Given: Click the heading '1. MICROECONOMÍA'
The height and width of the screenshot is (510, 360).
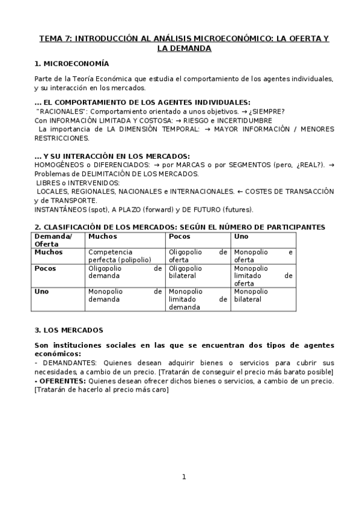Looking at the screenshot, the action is point(72,63).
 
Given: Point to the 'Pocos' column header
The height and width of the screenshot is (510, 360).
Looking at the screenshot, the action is point(180,236).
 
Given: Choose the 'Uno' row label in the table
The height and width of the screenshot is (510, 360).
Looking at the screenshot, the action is point(41,291).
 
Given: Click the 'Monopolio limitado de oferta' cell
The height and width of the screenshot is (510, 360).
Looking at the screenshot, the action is point(263,275).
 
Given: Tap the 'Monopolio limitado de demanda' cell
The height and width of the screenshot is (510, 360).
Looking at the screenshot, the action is point(198,299).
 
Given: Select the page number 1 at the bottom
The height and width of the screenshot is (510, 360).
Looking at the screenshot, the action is point(184,477).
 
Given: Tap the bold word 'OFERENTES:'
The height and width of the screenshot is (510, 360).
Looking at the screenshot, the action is point(63,381).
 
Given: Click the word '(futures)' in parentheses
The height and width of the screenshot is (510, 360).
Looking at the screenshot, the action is point(237,209).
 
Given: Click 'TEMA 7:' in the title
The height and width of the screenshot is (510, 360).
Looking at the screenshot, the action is point(55,38).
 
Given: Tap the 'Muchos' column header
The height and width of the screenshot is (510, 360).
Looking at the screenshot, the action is point(103,236).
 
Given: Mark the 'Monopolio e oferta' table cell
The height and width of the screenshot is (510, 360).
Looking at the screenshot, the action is point(263,256).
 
